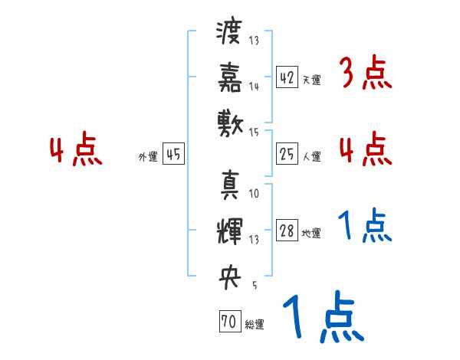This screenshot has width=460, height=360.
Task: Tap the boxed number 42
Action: click(287, 78)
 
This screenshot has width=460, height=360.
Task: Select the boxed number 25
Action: click(287, 155)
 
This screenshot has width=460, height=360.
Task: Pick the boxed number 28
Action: click(287, 231)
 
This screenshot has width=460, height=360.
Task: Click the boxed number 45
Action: click(173, 155)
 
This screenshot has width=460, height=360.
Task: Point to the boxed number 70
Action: click(228, 322)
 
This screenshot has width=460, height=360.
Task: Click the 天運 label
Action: click(311, 80)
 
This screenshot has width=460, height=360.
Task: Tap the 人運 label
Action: click(311, 156)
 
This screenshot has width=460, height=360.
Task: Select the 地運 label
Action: click(311, 234)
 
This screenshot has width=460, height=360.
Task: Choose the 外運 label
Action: click(148, 156)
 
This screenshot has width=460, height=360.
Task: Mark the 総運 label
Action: click(255, 325)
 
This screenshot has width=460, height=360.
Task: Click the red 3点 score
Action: click(365, 74)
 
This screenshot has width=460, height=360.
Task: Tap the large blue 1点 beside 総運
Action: click(321, 318)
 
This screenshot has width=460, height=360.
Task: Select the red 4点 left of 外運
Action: click(77, 151)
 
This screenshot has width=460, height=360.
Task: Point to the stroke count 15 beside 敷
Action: click(255, 133)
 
